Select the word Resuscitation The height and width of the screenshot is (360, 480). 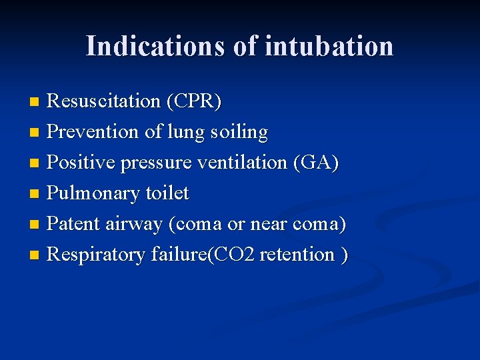coord(104,101)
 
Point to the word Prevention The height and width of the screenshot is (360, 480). coord(93,132)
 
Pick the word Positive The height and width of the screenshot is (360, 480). coord(81,163)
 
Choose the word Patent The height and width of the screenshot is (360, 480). coord(73,224)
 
